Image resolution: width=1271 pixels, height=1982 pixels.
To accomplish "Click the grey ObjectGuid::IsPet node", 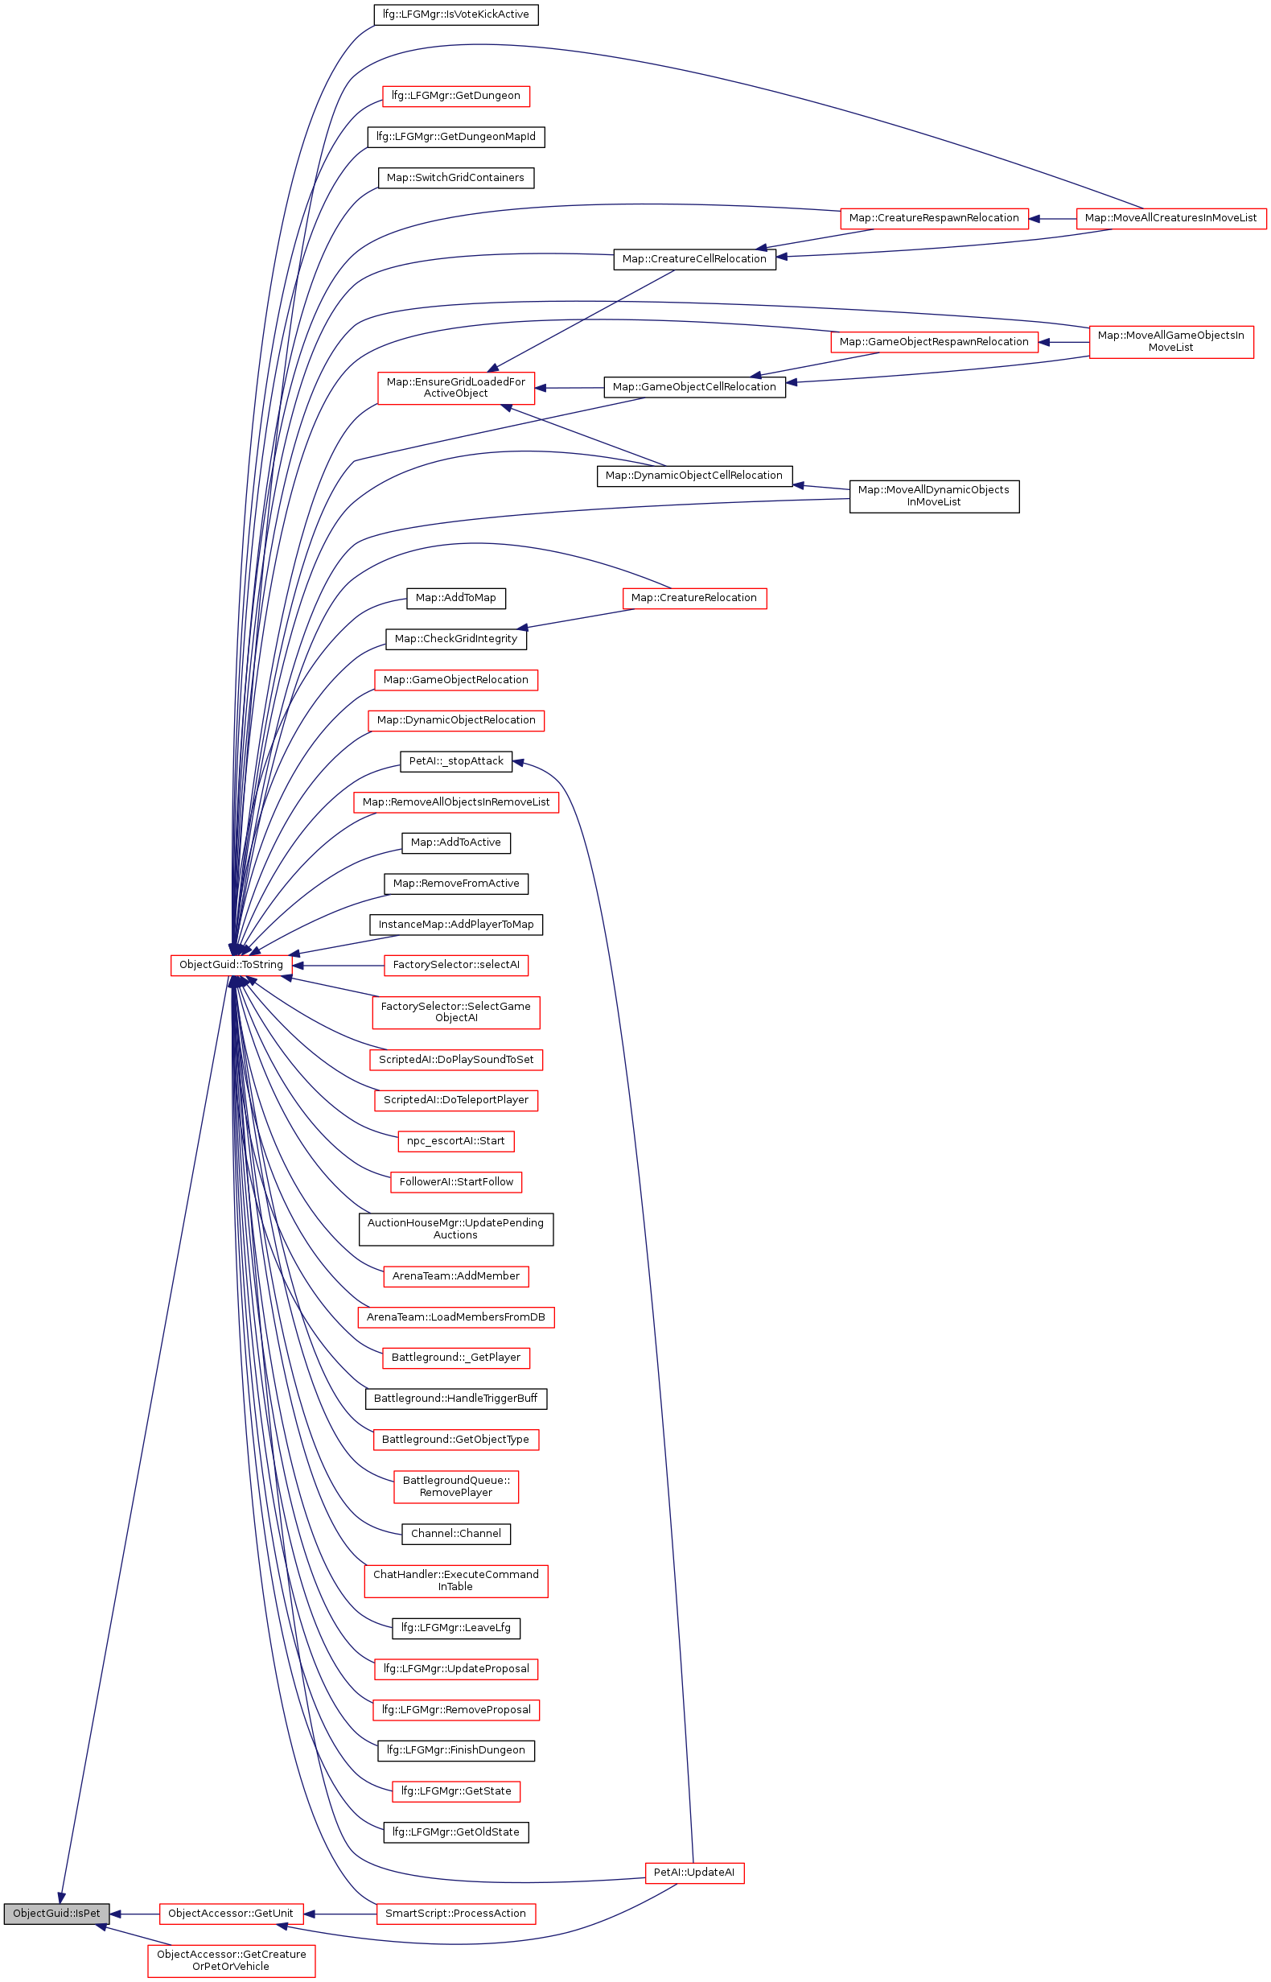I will coord(56,1914).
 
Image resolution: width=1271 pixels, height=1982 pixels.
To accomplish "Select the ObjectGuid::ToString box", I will coord(231,965).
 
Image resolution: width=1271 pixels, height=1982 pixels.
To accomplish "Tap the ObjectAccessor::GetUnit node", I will coord(231,1914).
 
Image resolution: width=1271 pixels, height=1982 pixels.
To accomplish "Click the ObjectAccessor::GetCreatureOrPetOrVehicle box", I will coord(231,1960).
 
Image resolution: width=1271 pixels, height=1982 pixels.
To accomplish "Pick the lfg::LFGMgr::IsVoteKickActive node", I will coord(455,14).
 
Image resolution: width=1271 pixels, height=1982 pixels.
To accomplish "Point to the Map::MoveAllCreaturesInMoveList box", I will coord(1170,218).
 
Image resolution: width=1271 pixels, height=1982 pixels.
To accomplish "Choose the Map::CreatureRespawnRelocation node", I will coord(933,218).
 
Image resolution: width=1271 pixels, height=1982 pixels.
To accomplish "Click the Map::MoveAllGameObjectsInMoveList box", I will coord(1170,342).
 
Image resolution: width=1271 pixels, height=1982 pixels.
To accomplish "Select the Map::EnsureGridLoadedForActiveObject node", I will coord(455,388).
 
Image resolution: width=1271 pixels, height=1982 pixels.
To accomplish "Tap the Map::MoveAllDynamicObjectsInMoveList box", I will coord(933,497).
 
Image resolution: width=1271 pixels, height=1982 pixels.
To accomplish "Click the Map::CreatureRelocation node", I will coord(693,598).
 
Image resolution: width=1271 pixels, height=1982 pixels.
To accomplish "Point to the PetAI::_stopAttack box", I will coord(455,761).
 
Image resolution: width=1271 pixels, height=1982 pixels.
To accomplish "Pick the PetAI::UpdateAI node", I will coord(693,1873).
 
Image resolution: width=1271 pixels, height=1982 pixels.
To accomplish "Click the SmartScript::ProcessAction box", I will coord(455,1914).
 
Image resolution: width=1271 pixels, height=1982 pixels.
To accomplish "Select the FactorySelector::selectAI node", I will coord(455,965).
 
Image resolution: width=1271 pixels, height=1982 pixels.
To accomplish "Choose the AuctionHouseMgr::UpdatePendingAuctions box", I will coord(455,1229).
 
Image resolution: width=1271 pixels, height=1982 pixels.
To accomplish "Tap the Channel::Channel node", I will coord(455,1534).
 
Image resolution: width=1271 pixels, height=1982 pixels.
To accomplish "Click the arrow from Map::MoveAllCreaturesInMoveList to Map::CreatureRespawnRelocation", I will coord(1052,219).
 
